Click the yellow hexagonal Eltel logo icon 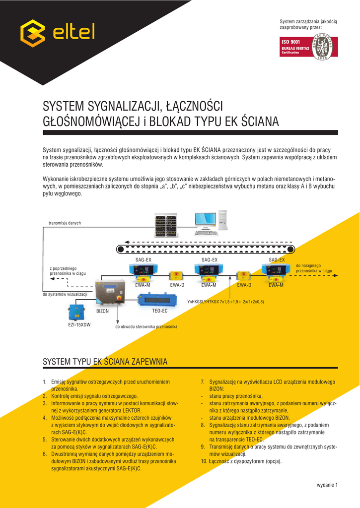click(x=33, y=33)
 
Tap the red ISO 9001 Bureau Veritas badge click(x=308, y=47)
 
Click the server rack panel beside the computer click(x=166, y=225)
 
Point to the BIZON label click(x=102, y=311)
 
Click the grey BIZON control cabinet click(x=110, y=291)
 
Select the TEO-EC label click(x=160, y=311)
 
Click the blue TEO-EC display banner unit click(x=157, y=300)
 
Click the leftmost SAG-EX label click(x=144, y=260)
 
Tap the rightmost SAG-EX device click(x=276, y=271)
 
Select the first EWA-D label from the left click(x=177, y=285)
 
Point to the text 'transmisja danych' click(x=65, y=223)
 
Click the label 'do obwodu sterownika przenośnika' click(x=146, y=326)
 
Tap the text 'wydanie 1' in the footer click(x=327, y=485)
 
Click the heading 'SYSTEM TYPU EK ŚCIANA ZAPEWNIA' click(x=105, y=362)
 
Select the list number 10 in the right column click(x=204, y=461)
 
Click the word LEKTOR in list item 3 click(x=132, y=410)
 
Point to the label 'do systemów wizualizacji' click(x=65, y=294)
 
